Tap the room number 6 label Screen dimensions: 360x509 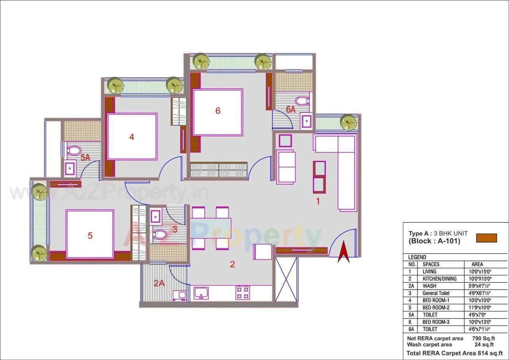[218, 111]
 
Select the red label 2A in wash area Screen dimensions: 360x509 [159, 283]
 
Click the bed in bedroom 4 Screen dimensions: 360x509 [132, 137]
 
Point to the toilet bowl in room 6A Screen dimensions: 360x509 [303, 101]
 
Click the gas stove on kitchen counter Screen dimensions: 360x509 [243, 292]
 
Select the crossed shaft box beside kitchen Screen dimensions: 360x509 [286, 279]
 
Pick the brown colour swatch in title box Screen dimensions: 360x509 [487, 238]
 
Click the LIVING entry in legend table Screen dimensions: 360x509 [429, 271]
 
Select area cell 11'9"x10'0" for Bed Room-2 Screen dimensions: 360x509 [481, 307]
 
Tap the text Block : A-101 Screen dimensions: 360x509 [434, 241]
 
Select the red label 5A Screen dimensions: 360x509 [85, 158]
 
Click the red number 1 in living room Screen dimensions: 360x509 [318, 201]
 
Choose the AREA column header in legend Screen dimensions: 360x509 [477, 264]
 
